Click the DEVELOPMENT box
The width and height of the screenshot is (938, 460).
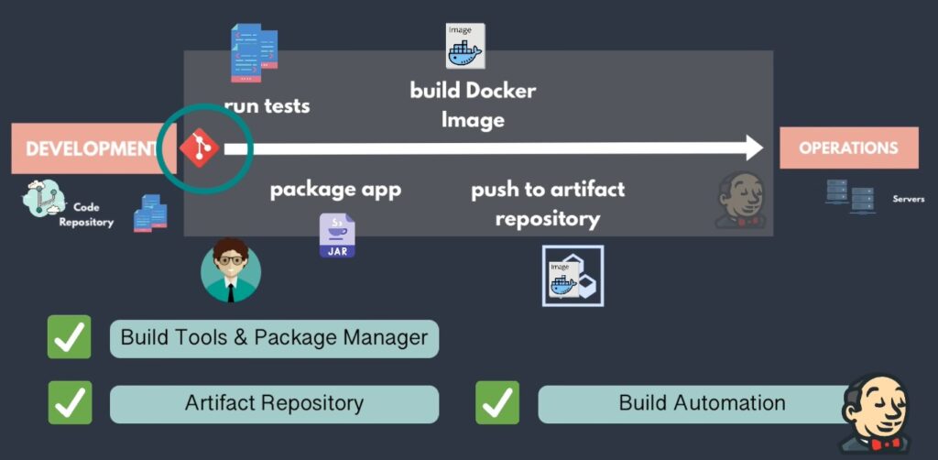[88, 148]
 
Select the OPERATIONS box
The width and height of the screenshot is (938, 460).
[848, 148]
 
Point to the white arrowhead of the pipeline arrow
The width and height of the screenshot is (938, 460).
[754, 148]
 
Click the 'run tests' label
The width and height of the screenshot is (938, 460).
[267, 105]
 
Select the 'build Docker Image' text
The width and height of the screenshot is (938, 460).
[473, 104]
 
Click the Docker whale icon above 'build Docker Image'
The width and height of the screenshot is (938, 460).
[464, 47]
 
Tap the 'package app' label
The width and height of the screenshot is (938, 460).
[335, 190]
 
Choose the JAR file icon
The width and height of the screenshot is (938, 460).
[337, 235]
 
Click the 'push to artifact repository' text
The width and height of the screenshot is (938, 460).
[548, 203]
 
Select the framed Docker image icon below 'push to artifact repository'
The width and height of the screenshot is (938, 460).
[573, 276]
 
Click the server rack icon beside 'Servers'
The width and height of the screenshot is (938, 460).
[849, 196]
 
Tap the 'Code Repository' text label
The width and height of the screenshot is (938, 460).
[88, 214]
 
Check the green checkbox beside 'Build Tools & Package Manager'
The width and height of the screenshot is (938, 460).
[70, 337]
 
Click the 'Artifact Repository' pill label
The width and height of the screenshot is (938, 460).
[274, 403]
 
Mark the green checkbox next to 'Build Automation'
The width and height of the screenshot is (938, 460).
[497, 403]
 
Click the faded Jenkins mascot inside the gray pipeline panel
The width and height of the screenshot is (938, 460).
[741, 201]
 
